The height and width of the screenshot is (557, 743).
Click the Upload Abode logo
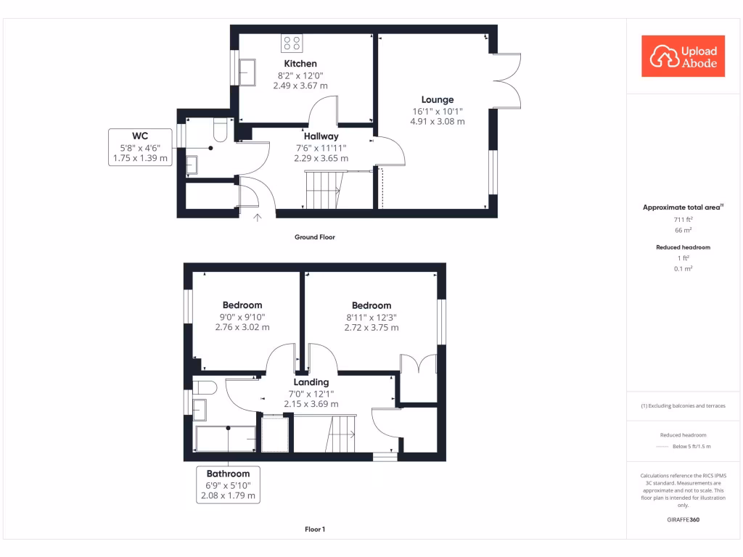[x=683, y=57]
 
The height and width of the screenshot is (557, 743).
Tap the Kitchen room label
[x=300, y=64]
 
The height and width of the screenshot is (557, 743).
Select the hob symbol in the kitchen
[x=292, y=43]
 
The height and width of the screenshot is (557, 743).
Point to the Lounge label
[x=438, y=99]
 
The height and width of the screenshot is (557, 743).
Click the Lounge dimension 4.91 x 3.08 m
[x=438, y=121]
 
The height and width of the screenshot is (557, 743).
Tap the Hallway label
[x=321, y=136]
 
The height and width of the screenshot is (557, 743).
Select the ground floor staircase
[x=324, y=189]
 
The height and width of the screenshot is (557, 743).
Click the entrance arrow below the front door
[x=257, y=216]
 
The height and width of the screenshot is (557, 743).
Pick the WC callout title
[x=140, y=136]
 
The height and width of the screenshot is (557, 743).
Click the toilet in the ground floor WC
[x=221, y=131]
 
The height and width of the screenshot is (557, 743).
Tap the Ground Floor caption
[x=314, y=237]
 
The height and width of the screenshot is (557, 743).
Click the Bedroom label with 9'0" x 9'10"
[x=242, y=305]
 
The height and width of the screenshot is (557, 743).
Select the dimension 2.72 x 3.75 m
[x=371, y=328]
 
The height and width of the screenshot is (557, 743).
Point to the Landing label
[x=311, y=382]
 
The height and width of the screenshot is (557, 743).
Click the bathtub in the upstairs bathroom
[x=226, y=439]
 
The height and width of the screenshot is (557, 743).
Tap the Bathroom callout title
[x=228, y=474]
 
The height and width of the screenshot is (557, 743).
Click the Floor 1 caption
[x=315, y=529]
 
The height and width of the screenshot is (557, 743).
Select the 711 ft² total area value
[x=683, y=218]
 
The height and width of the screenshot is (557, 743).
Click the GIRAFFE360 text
[x=683, y=520]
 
